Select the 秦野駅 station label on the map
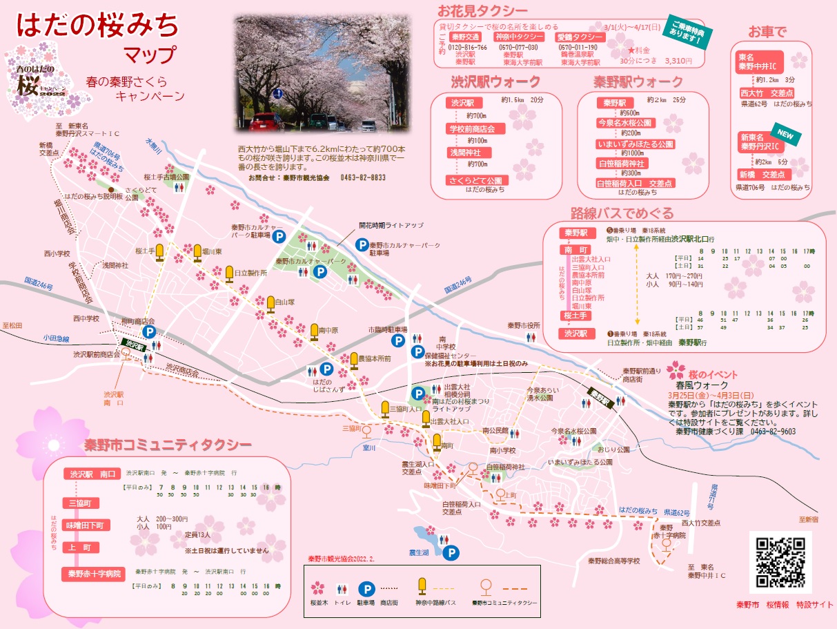point(600,396)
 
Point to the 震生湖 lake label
point(419,552)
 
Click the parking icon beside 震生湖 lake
point(451,552)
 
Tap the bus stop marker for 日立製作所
point(229,273)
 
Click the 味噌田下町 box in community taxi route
point(85,525)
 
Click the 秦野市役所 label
point(524,325)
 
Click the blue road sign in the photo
point(277,93)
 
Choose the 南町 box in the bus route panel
point(576,249)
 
